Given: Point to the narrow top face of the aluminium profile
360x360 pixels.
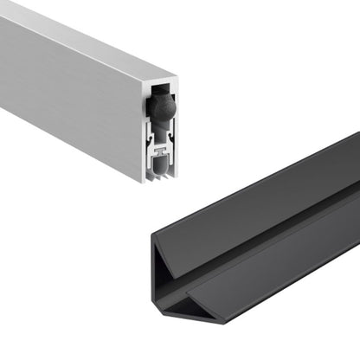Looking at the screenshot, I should click(95, 35).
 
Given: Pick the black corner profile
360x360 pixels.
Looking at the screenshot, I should click(260, 242).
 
